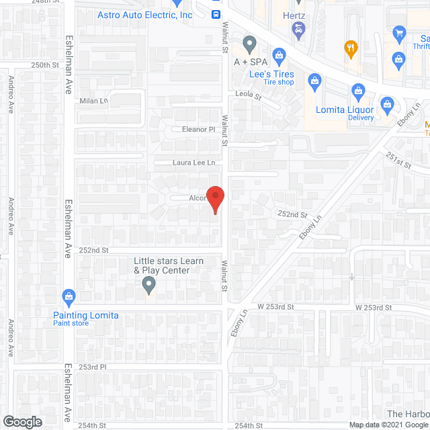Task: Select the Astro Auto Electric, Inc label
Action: [x=144, y=15]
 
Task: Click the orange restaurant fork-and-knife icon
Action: [x=350, y=48]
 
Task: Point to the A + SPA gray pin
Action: [x=250, y=45]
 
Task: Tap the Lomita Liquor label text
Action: [x=345, y=110]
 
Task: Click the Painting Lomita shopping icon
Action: [x=68, y=296]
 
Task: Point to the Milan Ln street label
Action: [x=95, y=101]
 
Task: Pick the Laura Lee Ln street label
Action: [x=193, y=163]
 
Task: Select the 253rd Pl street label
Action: [x=93, y=367]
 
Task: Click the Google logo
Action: [x=21, y=421]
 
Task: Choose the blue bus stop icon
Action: [x=216, y=14]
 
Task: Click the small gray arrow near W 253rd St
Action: [x=352, y=276]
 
